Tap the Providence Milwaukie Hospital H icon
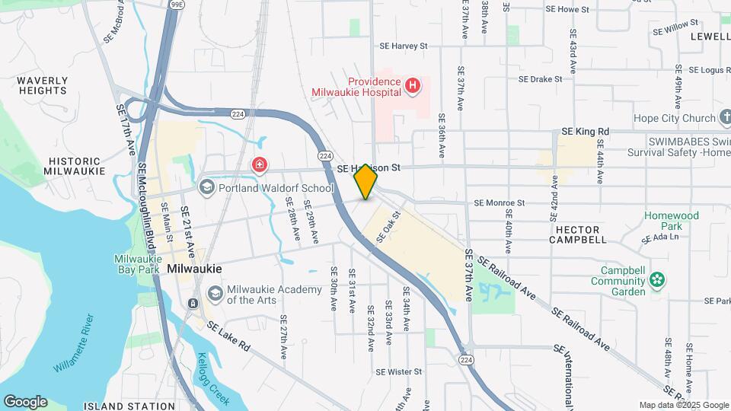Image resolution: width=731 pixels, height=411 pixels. [413, 85]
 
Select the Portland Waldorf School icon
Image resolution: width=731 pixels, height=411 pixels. [206, 187]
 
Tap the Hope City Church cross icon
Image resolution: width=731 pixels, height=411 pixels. [725, 118]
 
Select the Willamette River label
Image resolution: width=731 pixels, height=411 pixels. [74, 342]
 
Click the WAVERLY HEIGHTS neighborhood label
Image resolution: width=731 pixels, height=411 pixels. [43, 85]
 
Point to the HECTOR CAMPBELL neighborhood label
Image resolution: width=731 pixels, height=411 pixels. [578, 234]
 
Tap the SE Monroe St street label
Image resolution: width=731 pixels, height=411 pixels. [500, 203]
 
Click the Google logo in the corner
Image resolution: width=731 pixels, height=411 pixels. [25, 402]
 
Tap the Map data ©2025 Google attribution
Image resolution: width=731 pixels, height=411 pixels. [683, 405]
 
